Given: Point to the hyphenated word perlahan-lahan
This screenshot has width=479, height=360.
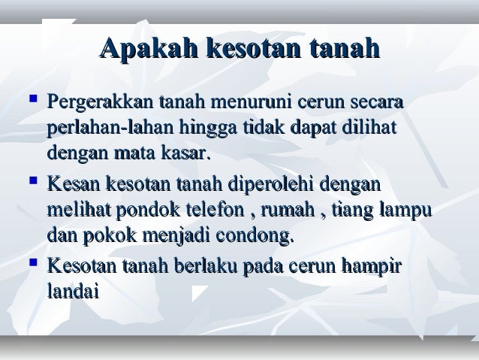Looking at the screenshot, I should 109,128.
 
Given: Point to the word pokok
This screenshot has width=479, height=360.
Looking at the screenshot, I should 109,239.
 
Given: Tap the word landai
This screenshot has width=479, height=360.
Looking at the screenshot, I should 73,294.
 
